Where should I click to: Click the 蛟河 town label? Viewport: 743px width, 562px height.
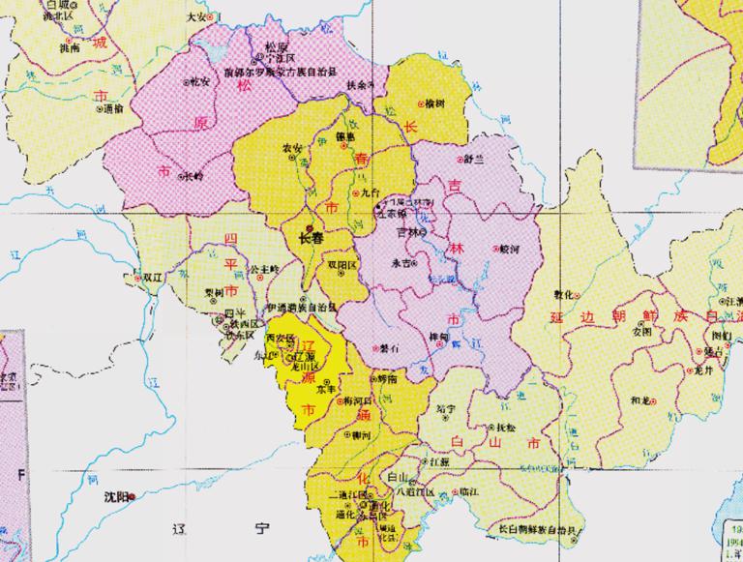(510, 248)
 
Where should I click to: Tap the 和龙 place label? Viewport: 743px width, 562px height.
(639, 399)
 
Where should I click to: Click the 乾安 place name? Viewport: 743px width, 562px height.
(200, 81)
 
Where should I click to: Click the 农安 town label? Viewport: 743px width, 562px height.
(291, 147)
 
